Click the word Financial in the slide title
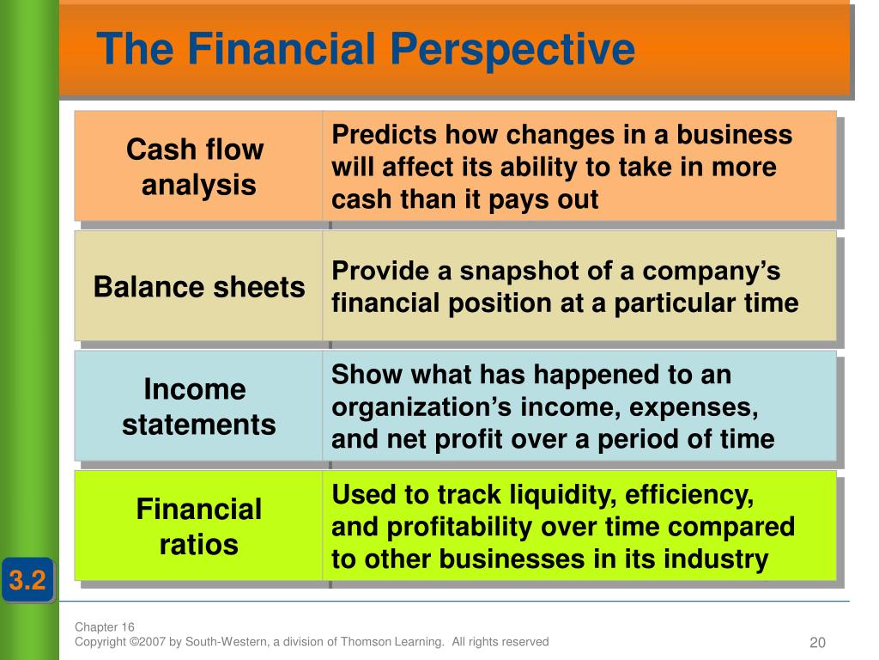point(281,48)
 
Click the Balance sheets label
point(199,287)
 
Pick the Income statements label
point(198,406)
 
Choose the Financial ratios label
point(199,527)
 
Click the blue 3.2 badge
point(27,580)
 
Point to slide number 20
point(818,642)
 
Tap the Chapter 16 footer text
point(104,626)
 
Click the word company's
point(711,272)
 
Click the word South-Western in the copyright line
point(226,641)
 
